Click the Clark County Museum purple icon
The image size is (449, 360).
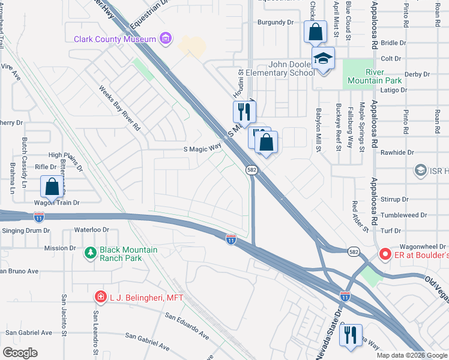[x=166, y=40]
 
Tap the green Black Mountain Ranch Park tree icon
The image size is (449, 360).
[x=91, y=254]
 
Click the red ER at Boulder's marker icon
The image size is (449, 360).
[x=385, y=255]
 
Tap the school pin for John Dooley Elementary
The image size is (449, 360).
[x=323, y=59]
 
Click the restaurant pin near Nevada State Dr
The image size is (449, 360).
[x=351, y=335]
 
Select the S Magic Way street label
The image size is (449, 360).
[x=202, y=151]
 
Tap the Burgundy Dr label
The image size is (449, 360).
[x=275, y=22]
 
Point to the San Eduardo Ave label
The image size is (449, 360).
[x=187, y=323]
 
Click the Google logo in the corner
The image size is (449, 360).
[x=20, y=352]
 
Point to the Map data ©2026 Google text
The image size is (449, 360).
[x=411, y=355]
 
